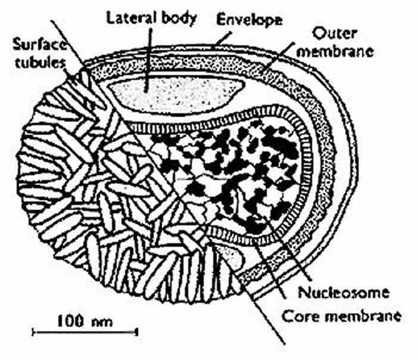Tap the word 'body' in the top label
pos(176,18)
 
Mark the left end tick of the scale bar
pos(31,329)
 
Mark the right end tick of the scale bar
pos(139,329)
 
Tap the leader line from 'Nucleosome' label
pos(280,251)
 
